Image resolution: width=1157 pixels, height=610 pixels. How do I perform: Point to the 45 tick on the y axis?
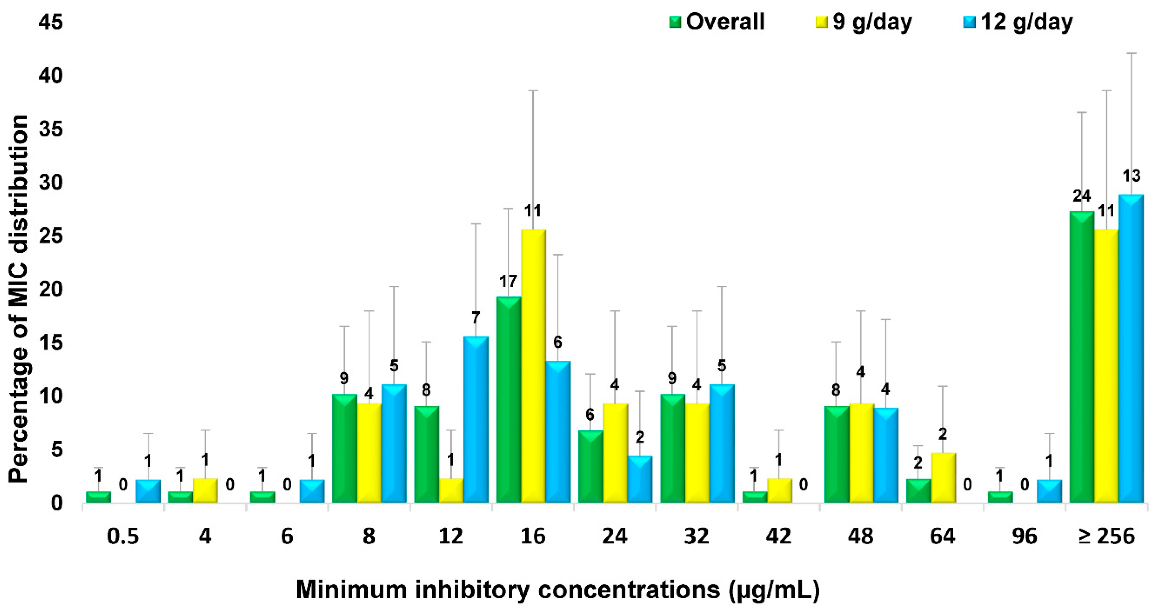50,22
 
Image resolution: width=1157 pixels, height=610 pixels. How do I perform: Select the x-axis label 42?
778,536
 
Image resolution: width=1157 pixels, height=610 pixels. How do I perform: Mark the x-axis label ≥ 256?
1106,536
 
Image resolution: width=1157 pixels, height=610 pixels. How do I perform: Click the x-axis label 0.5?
122,536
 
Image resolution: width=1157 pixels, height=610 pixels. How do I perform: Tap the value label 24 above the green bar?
1081,196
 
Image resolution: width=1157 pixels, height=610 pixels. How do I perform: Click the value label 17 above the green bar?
508,281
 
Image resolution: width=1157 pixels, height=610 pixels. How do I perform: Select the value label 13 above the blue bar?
1131,176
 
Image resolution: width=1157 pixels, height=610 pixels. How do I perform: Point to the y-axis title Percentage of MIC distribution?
19,299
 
